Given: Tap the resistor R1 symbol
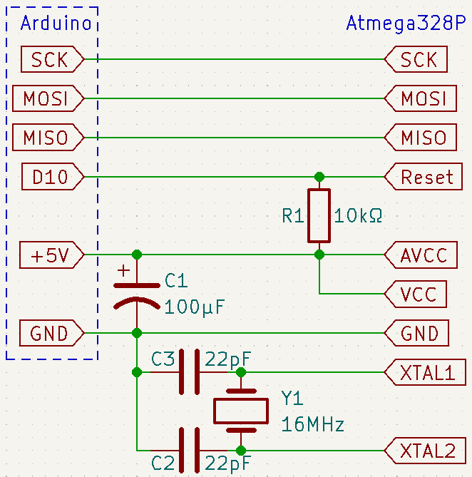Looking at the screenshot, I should [319, 215].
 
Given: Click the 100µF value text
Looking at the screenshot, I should [195, 307].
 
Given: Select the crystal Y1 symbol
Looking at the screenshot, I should [241, 411].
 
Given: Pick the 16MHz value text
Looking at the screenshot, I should [313, 425].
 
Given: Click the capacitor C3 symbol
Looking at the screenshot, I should [189, 371].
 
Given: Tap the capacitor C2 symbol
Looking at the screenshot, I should [189, 450].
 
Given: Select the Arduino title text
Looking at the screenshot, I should [56, 23].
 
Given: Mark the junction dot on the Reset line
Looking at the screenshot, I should [319, 176].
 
